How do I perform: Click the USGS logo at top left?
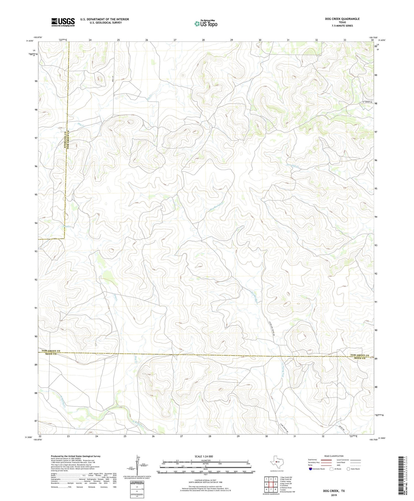pyautogui.click(x=63, y=22)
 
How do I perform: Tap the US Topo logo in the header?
pyautogui.click(x=206, y=24)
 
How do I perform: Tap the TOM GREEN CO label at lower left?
pyautogui.click(x=51, y=351)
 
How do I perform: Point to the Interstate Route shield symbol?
pyautogui.click(x=310, y=469)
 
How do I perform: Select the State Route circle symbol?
pyautogui.click(x=348, y=469)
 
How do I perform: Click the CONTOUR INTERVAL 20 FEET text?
pyautogui.click(x=204, y=481)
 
